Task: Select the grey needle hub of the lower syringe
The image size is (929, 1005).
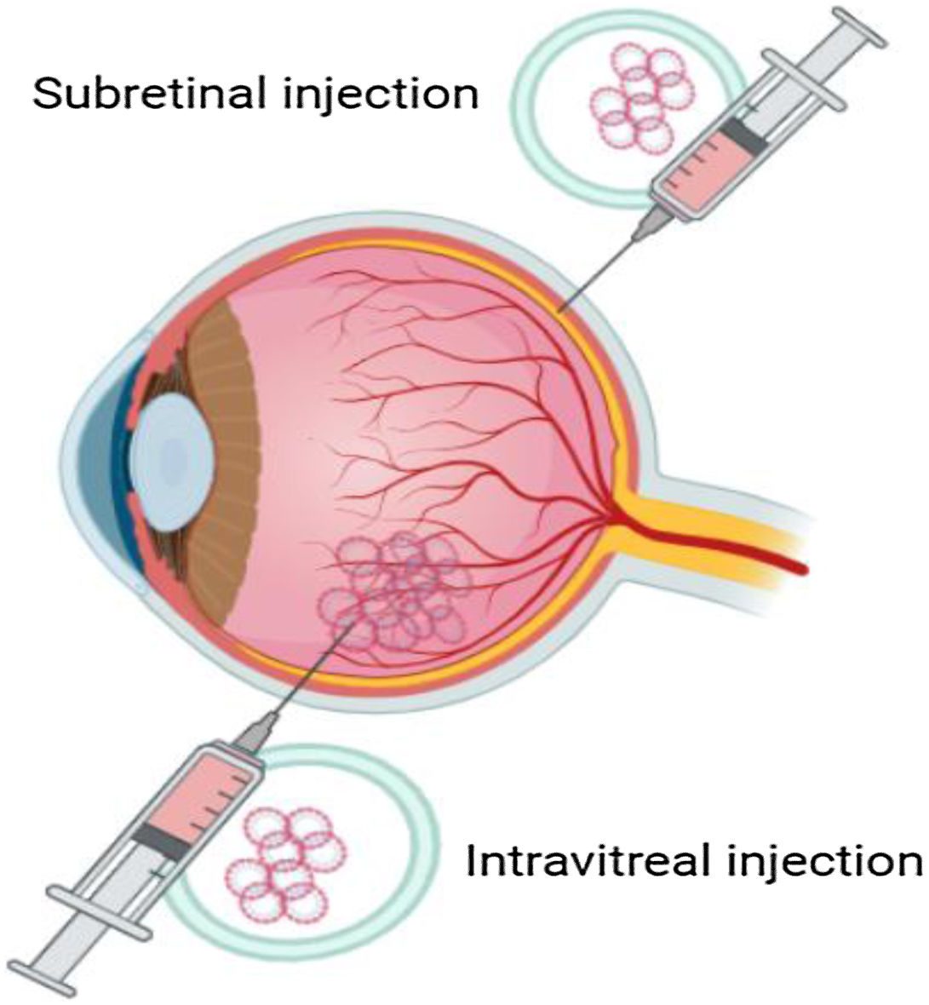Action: click(x=255, y=732)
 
